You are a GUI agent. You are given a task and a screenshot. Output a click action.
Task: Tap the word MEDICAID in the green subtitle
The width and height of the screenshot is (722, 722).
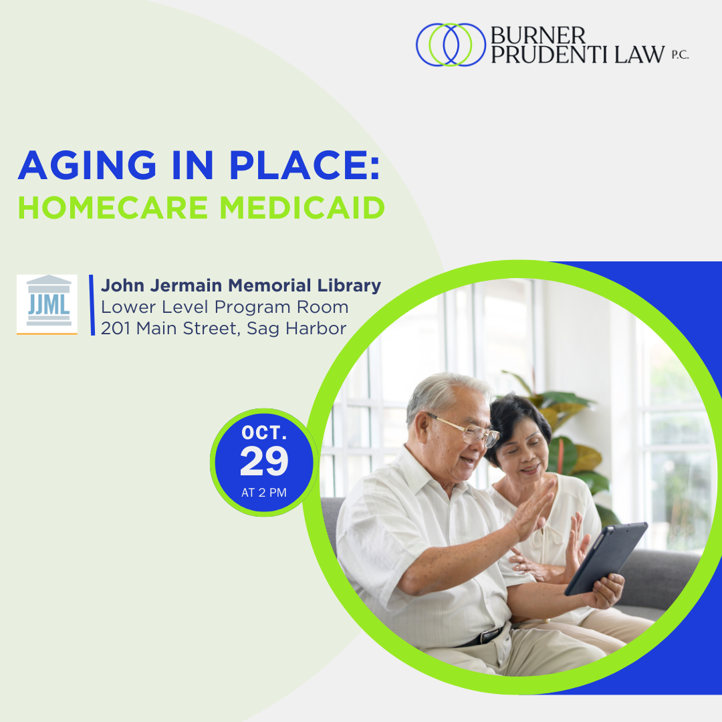302,208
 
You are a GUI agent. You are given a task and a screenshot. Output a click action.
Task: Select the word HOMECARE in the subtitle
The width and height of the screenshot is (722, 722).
113,208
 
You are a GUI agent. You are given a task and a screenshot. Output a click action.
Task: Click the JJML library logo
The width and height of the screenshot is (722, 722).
47,304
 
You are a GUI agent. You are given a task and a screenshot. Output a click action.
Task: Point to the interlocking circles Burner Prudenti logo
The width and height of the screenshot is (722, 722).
451,45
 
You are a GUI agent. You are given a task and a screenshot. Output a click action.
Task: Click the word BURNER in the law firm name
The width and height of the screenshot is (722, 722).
537,35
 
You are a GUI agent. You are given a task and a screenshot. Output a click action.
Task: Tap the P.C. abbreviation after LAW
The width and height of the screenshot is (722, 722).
680,55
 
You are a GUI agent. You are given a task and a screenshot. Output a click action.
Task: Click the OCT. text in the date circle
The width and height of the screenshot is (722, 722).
264,433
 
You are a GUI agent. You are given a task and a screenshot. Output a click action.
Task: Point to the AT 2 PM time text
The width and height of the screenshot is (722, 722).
264,493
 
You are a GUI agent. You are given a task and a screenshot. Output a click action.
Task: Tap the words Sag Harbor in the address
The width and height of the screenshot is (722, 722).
297,328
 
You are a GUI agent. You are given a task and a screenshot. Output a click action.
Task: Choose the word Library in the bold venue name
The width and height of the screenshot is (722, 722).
349,285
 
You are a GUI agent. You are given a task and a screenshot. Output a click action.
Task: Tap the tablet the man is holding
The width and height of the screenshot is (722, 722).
606,558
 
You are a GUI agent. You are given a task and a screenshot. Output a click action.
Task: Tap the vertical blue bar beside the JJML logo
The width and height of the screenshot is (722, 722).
92,305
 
